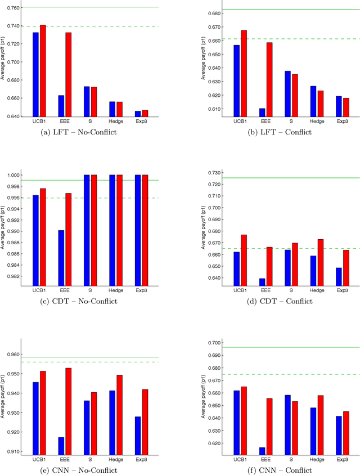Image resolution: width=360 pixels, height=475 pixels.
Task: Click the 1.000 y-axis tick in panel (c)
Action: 12,175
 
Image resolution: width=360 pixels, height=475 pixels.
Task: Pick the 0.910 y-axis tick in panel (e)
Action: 12,451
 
